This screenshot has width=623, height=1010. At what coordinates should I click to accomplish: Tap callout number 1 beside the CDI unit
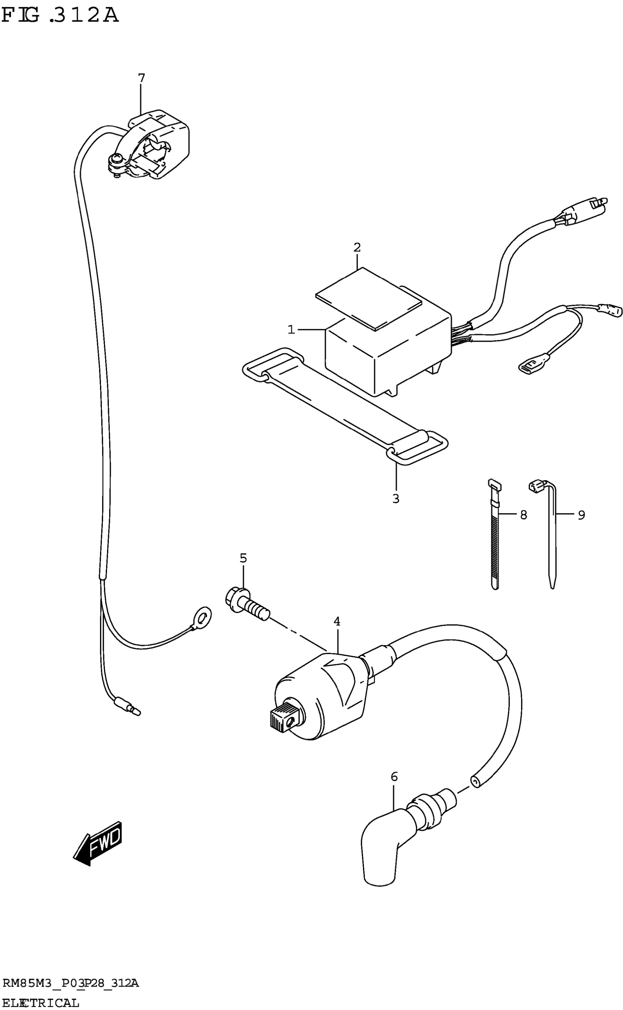pyautogui.click(x=291, y=330)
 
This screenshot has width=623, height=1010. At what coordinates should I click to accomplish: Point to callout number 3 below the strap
pyautogui.click(x=395, y=499)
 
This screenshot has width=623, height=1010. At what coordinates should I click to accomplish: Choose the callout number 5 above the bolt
pyautogui.click(x=243, y=558)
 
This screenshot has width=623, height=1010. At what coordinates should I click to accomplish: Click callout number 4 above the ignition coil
pyautogui.click(x=337, y=621)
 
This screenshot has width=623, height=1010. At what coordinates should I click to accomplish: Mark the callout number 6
pyautogui.click(x=394, y=777)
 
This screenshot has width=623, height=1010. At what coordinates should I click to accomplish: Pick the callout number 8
pyautogui.click(x=523, y=515)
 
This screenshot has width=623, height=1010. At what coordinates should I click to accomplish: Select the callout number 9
pyautogui.click(x=581, y=515)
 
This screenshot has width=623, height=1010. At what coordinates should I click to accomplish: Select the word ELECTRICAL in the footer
pyautogui.click(x=40, y=1002)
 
